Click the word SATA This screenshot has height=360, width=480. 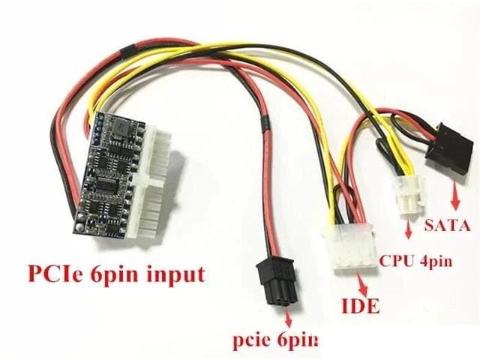coord(447,226)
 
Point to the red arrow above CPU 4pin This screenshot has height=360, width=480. coord(408,228)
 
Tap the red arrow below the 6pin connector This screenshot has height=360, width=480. coord(288,317)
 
